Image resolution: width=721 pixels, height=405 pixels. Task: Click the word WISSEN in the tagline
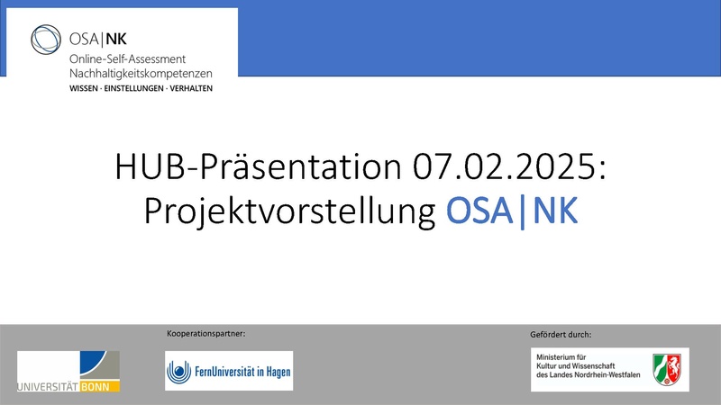[86, 88]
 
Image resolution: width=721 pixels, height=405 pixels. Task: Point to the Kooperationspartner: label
[206, 334]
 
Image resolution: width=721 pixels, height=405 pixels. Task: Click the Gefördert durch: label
[561, 335]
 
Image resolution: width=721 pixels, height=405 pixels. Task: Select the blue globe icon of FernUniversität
[180, 371]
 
